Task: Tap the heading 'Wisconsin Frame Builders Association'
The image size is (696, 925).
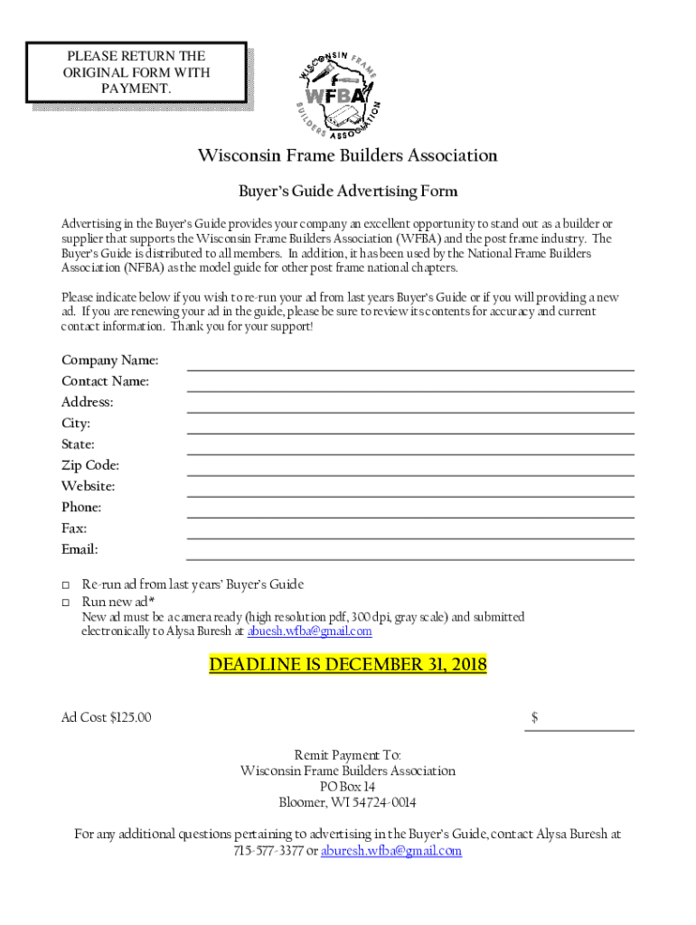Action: point(348,156)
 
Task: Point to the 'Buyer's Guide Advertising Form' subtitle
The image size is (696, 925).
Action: point(348,192)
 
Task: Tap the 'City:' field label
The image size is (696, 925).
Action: point(76,424)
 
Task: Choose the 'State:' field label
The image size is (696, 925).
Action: point(78,444)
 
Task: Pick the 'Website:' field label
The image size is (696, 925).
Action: point(88,486)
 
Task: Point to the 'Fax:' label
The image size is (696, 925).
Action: point(74,528)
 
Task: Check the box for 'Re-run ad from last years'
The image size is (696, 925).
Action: point(66,585)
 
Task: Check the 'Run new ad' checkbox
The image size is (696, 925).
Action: point(66,603)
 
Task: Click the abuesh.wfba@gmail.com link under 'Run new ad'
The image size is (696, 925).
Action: point(310,632)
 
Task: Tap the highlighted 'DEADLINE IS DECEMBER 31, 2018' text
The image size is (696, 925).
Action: point(348,666)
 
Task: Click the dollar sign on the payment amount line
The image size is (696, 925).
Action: point(535,718)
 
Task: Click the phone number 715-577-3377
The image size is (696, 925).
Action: point(268,851)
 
